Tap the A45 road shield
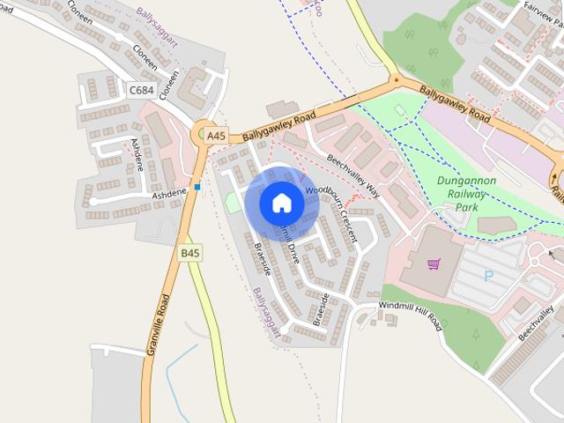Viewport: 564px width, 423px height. point(215,136)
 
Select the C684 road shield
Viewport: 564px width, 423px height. point(140,89)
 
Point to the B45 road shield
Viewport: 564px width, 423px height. point(190,253)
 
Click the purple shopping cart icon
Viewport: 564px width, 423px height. point(434,263)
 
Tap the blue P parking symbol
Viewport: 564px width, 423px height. point(489,276)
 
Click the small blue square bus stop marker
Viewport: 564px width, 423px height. point(197,187)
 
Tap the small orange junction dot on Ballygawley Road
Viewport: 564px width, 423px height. point(396,80)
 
